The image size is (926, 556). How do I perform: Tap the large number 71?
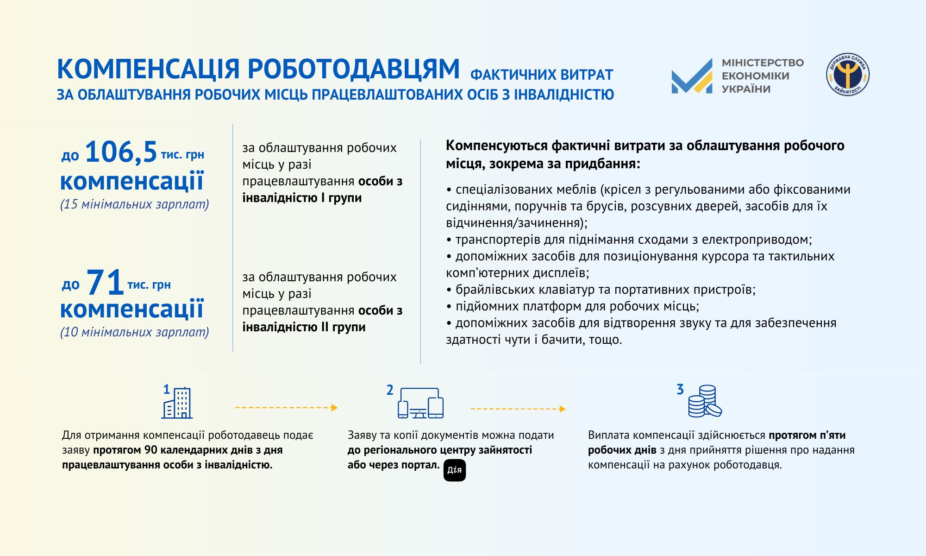tap(105, 282)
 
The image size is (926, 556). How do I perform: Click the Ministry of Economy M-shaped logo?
tap(692, 76)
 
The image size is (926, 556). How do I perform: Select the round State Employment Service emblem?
tap(847, 75)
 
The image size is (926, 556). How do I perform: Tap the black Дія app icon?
tap(454, 470)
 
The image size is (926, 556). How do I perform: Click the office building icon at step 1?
tap(177, 403)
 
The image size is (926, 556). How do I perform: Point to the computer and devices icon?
tap(420, 403)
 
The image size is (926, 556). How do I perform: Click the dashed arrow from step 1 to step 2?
tap(286, 408)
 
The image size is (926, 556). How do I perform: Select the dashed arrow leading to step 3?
tap(518, 409)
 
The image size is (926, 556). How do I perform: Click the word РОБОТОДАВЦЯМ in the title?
tap(353, 69)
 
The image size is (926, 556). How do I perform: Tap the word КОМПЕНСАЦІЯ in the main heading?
tap(148, 69)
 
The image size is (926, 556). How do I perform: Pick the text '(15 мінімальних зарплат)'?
tap(135, 204)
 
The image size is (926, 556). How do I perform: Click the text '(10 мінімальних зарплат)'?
tap(135, 332)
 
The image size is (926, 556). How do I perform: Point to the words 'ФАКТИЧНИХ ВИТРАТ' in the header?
tap(541, 75)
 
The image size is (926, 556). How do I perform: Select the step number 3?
tap(680, 389)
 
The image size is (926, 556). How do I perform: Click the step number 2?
tap(390, 390)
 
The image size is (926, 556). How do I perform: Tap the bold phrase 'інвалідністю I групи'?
tap(302, 198)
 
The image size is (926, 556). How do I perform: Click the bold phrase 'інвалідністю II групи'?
tap(304, 327)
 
